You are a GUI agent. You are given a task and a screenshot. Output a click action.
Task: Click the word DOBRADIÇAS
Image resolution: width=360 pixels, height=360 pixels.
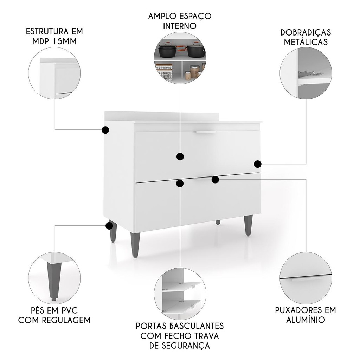(306, 32)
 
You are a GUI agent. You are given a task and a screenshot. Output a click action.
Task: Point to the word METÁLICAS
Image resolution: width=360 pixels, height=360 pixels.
(306, 42)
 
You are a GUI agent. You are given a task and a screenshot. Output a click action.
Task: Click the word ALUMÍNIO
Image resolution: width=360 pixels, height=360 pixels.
(306, 320)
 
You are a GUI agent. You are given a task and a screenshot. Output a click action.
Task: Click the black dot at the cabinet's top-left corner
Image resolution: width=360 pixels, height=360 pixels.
(105, 130)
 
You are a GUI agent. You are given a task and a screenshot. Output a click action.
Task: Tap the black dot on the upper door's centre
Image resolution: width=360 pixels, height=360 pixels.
(180, 156)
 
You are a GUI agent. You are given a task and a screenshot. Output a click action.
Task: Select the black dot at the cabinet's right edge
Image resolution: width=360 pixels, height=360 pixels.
(258, 164)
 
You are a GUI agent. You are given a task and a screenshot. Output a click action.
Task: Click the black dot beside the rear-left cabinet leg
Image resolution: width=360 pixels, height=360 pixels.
(109, 226)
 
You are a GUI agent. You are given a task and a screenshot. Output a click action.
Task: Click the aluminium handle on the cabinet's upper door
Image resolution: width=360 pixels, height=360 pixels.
(205, 132)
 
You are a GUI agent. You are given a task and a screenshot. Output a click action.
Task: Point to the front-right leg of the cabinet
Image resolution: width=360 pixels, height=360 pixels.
(248, 225)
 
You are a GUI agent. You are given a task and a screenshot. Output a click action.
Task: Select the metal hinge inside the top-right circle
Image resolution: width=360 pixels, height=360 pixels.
(310, 73)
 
